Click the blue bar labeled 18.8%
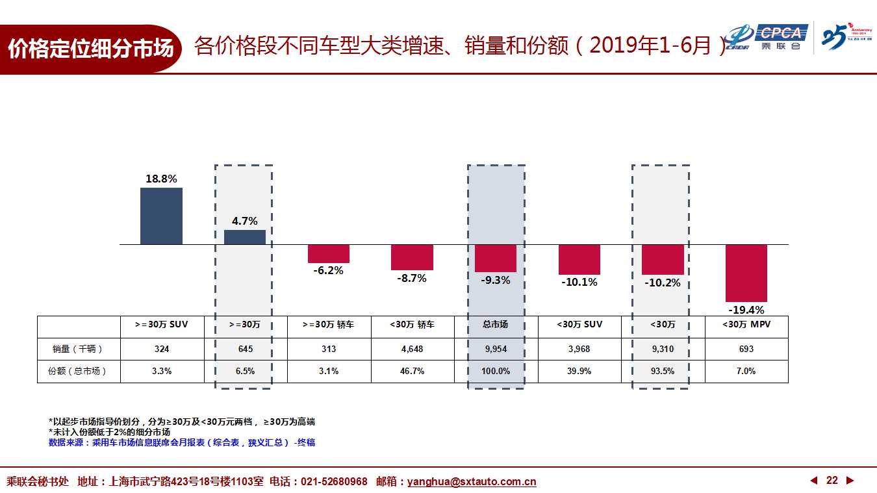[x=161, y=216]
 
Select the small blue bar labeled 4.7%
[x=245, y=237]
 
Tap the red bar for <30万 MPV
[x=746, y=273]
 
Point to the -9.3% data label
[x=496, y=281]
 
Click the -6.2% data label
[x=328, y=271]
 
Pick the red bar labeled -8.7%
[x=412, y=257]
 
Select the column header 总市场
[x=495, y=324]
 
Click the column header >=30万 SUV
[x=161, y=324]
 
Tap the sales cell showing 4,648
[x=412, y=349]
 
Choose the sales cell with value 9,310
[x=663, y=349]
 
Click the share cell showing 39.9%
[x=579, y=371]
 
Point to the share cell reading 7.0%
[x=746, y=371]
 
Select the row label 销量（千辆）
[x=78, y=349]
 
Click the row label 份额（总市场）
[x=77, y=371]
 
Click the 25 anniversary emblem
[x=846, y=36]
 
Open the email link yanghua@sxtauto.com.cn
[x=472, y=481]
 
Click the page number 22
[x=832, y=480]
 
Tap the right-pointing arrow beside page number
[x=850, y=480]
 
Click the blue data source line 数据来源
[x=182, y=442]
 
